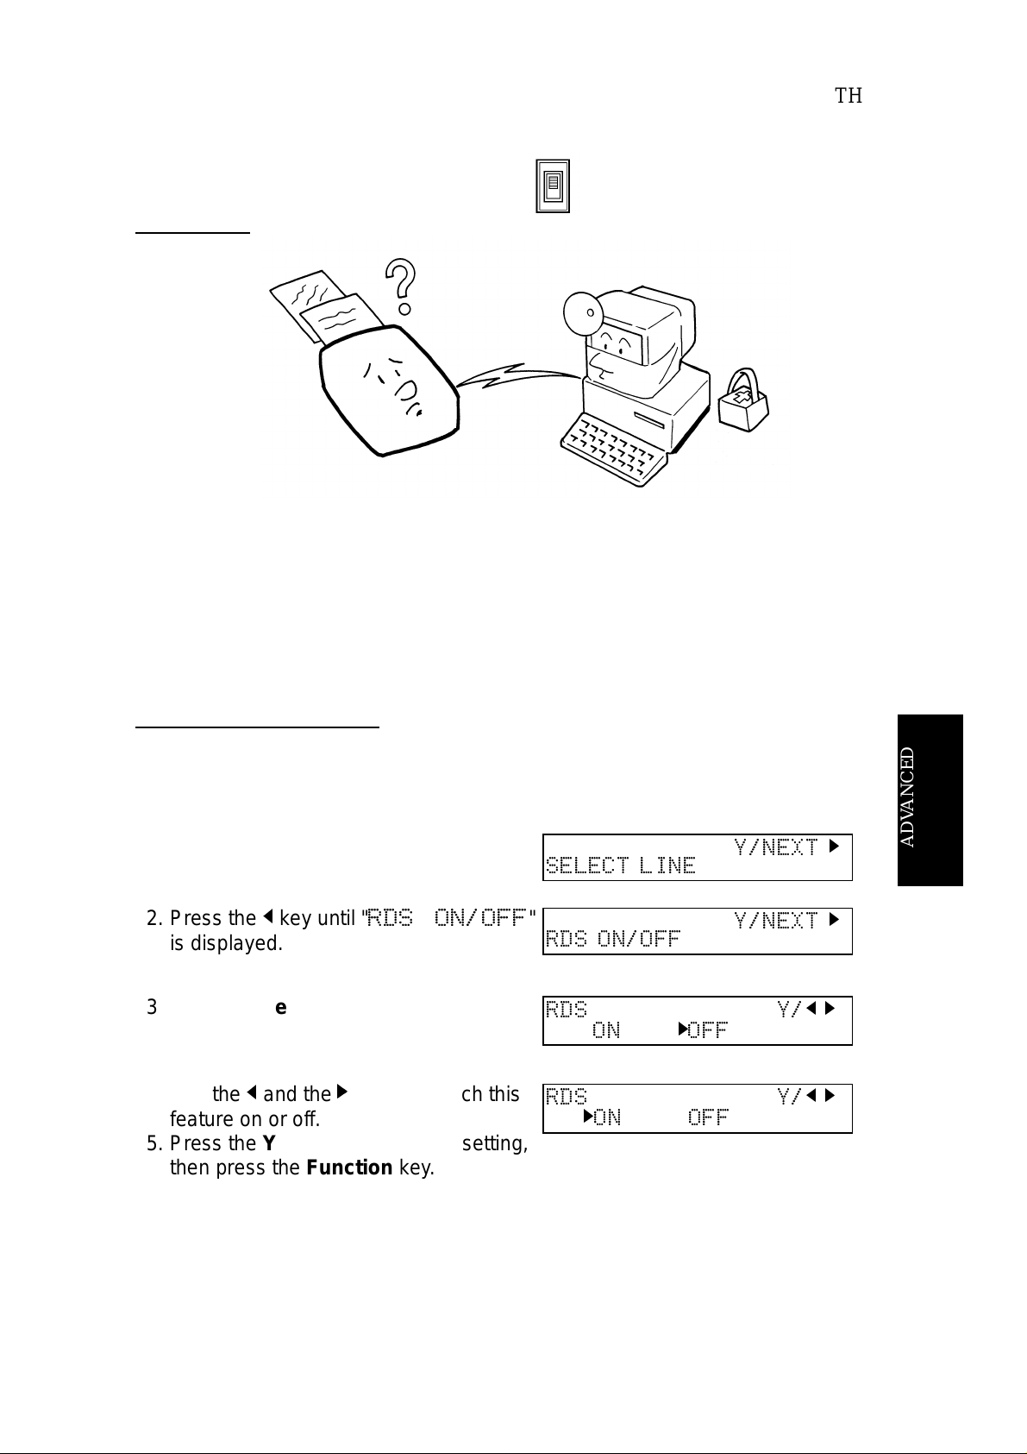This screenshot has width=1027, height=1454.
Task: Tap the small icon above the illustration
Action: (552, 186)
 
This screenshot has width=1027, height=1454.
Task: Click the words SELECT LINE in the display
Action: (621, 865)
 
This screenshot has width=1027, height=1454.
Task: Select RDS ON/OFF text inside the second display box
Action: (613, 939)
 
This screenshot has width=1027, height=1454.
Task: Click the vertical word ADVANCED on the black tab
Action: (908, 796)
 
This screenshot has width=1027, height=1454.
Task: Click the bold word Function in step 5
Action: (349, 1168)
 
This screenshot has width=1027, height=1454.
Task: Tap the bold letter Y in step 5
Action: (268, 1143)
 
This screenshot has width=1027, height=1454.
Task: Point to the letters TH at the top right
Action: (849, 96)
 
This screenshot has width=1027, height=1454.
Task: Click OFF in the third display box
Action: (708, 1030)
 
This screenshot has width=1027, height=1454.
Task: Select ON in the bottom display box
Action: (607, 1117)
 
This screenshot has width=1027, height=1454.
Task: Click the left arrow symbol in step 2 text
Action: (268, 917)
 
